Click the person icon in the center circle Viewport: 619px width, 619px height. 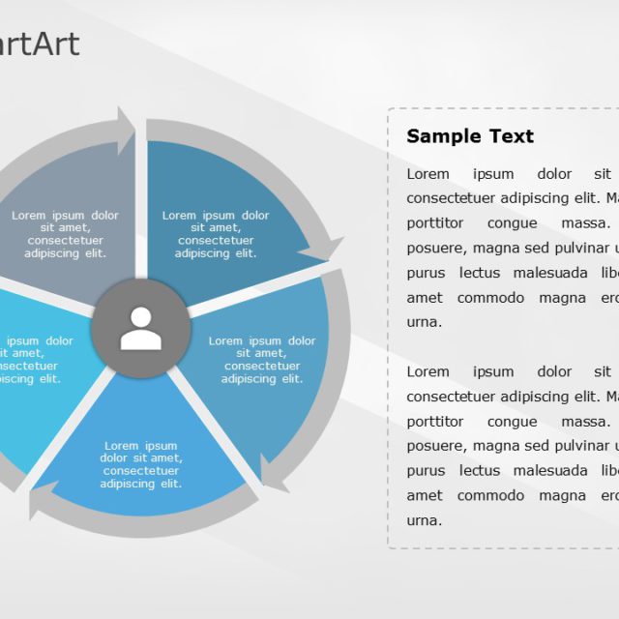point(141,329)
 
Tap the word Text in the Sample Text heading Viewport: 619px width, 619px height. point(510,136)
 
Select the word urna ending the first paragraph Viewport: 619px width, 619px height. point(424,322)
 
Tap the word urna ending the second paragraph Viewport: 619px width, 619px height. point(424,519)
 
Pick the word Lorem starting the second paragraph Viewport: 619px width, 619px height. point(427,371)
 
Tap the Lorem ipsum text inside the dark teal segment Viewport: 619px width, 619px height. point(216,234)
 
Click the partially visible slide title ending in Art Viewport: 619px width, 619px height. point(39,44)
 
